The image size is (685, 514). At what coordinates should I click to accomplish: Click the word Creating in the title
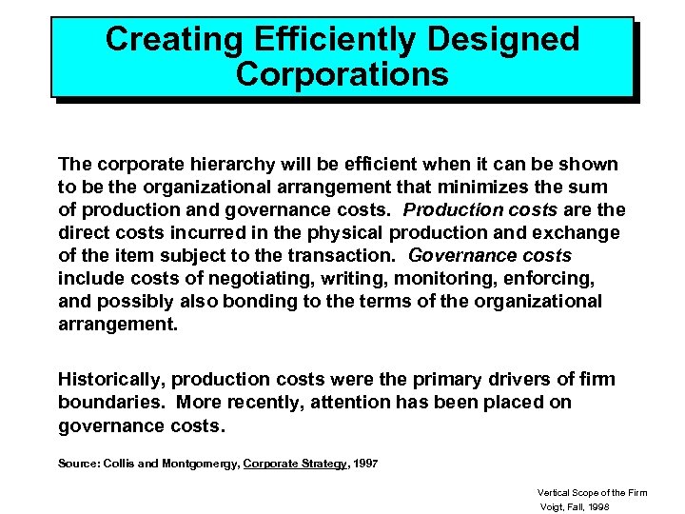(x=162, y=39)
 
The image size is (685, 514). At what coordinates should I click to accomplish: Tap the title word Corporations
(x=342, y=73)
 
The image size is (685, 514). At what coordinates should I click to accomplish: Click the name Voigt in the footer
(x=552, y=507)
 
